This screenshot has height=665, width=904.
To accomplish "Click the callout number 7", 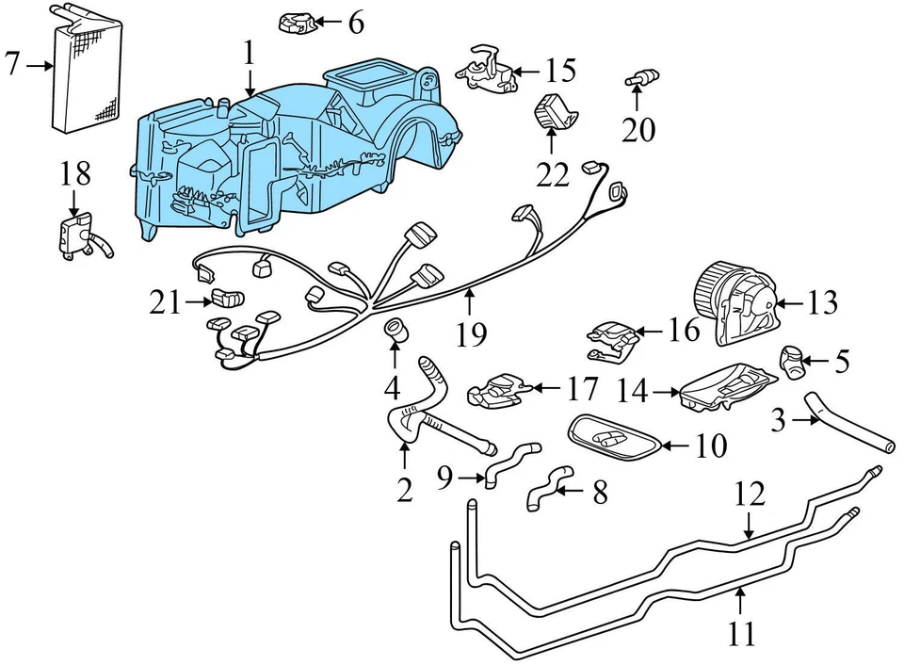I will tap(12, 65).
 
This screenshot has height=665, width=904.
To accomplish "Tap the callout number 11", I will tap(742, 633).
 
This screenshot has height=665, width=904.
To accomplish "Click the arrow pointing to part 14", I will tap(666, 390).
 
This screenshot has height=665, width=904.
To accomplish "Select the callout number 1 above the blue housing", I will tap(249, 53).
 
